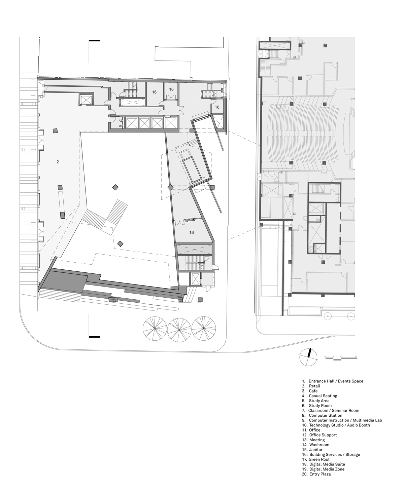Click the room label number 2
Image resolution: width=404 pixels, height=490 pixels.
pos(58,162)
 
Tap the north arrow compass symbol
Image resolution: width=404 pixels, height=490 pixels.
pos(308,357)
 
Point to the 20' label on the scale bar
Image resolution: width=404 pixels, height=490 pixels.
pos(356,356)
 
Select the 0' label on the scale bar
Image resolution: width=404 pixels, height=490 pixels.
pos(325,356)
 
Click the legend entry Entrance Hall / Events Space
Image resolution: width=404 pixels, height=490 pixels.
pos(336,381)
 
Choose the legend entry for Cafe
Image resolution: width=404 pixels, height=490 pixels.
pos(313,391)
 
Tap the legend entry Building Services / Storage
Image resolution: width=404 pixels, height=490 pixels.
pos(334,454)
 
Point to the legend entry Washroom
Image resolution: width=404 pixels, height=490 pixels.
pos(319,445)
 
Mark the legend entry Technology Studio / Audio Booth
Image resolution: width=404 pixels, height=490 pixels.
pos(339,425)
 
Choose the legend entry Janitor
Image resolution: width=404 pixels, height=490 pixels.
pos(315,449)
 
